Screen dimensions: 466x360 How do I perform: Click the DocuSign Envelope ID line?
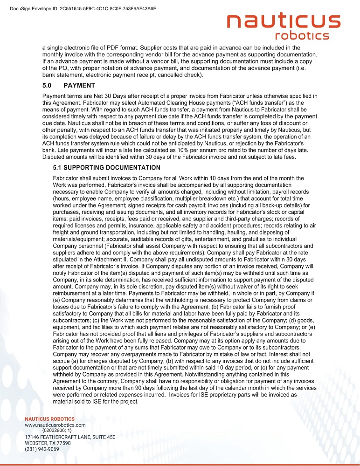(x=83, y=8)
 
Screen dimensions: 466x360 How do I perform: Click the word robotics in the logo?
(x=302, y=36)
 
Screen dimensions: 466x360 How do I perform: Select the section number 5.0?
(x=48, y=86)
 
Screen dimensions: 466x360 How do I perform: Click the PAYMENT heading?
(x=79, y=86)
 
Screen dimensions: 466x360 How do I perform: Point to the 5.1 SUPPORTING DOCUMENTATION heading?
(x=107, y=168)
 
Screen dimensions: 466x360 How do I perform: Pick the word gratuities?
(x=261, y=239)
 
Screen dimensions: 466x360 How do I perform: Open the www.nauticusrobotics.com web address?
(x=55, y=425)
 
